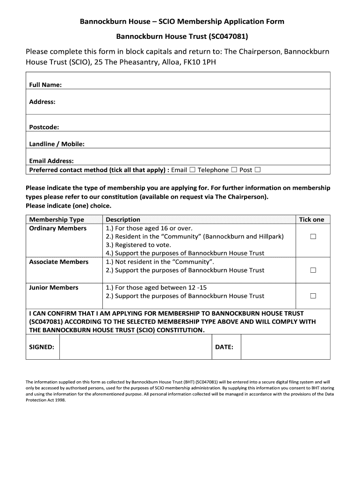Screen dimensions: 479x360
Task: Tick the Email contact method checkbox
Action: click(192, 170)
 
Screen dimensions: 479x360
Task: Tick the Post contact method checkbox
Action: click(258, 170)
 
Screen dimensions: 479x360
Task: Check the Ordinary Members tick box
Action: click(313, 237)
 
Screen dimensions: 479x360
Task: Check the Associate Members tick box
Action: click(313, 270)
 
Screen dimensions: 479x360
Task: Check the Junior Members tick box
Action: click(313, 296)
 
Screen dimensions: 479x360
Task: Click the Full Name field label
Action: click(45, 85)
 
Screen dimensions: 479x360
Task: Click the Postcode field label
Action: click(44, 127)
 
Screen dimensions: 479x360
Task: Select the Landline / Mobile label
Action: click(57, 144)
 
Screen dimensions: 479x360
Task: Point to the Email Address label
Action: click(51, 161)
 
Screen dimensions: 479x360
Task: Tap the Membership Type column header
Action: click(57, 219)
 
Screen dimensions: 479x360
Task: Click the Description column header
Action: click(123, 219)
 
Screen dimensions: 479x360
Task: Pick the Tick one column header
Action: click(311, 219)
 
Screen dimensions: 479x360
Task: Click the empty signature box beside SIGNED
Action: click(136, 347)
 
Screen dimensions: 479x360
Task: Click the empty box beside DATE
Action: click(285, 347)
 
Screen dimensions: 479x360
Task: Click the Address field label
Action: click(43, 102)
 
